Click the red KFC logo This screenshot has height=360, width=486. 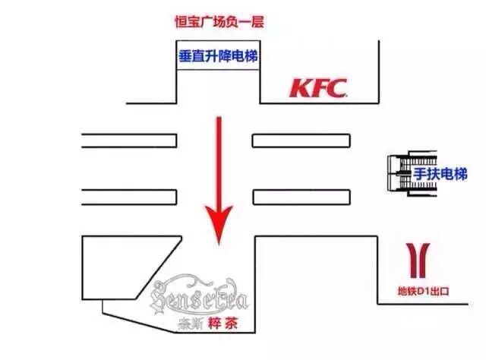318,88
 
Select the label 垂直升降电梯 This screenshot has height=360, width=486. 218,55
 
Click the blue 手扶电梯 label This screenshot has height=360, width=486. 440,175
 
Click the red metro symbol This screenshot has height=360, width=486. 416,259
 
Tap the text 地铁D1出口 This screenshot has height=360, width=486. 424,290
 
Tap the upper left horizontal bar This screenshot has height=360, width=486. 129,140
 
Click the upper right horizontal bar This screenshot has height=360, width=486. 301,140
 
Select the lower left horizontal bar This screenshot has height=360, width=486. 129,196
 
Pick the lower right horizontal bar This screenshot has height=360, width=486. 301,196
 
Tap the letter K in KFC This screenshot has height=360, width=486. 299,88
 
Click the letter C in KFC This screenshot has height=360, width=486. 337,88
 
